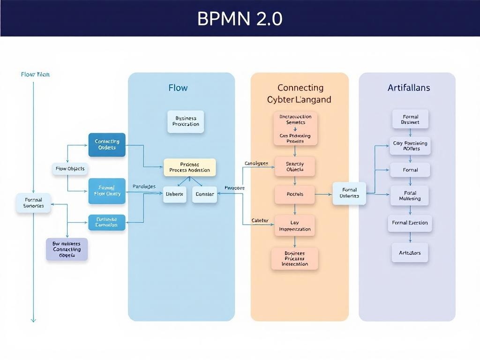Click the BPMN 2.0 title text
click(x=240, y=18)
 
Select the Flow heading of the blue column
click(x=178, y=88)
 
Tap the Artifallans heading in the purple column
click(x=409, y=88)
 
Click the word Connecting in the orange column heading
click(x=300, y=88)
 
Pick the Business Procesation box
click(x=186, y=121)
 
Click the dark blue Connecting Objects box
click(x=107, y=144)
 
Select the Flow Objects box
click(x=70, y=169)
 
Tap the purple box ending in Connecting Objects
click(x=67, y=249)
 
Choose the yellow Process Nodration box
click(x=189, y=167)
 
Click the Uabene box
click(x=175, y=194)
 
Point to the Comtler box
click(x=204, y=194)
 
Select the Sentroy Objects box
click(x=295, y=166)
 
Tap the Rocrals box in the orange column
click(x=295, y=194)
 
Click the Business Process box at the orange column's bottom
click(x=295, y=259)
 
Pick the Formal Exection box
click(x=410, y=223)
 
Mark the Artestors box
click(x=410, y=253)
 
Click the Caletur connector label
click(x=260, y=220)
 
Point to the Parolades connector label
click(x=144, y=187)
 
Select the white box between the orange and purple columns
click(x=349, y=193)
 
